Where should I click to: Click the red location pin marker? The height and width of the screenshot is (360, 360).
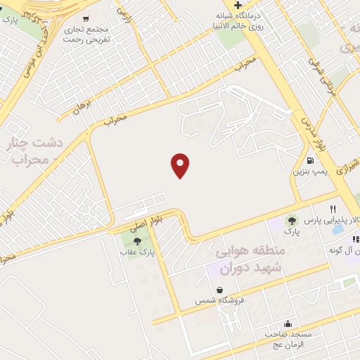pyautogui.click(x=181, y=165)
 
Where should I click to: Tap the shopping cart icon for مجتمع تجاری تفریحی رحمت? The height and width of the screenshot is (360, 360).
pyautogui.click(x=86, y=19)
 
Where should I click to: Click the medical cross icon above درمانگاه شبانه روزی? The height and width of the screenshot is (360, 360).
pyautogui.click(x=238, y=5)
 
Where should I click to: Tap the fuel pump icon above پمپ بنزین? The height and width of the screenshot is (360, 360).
pyautogui.click(x=311, y=160)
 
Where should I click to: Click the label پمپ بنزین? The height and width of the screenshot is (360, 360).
pyautogui.click(x=309, y=171)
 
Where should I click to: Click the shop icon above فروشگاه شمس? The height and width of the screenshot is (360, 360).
pyautogui.click(x=220, y=290)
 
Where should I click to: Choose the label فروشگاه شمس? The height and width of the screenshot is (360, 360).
pyautogui.click(x=220, y=300)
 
